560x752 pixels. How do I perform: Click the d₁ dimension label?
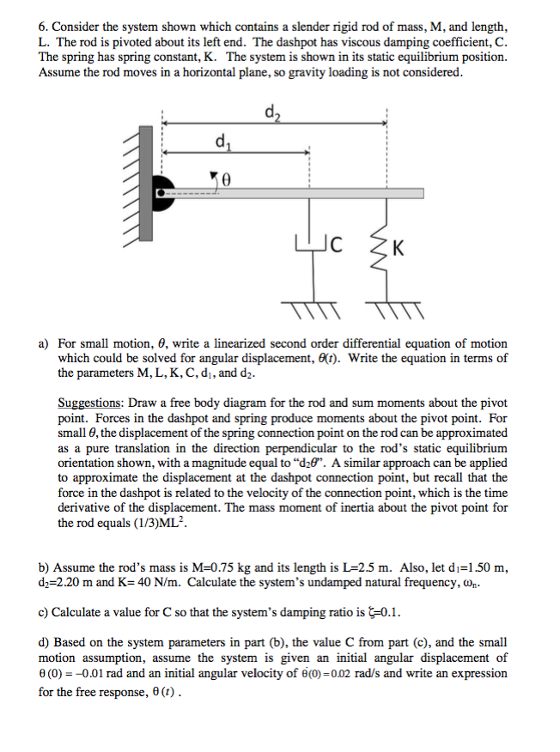click(222, 142)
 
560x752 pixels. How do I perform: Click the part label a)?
click(43, 343)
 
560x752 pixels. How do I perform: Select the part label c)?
click(43, 613)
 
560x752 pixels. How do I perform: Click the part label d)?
click(43, 643)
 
